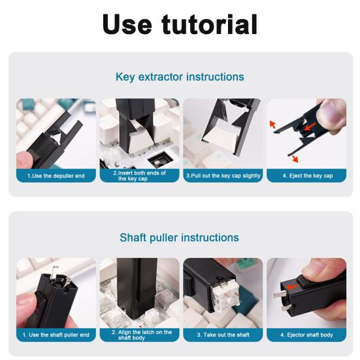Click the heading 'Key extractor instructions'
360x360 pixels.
point(180,77)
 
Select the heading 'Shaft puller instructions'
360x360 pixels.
point(180,238)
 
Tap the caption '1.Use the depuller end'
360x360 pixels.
point(56,176)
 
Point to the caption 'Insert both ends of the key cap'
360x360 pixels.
point(139,176)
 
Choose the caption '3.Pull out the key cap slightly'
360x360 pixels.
point(223,176)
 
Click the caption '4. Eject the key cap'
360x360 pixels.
point(307,176)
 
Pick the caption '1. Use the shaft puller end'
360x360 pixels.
point(56,335)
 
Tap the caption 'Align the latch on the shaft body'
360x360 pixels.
point(139,335)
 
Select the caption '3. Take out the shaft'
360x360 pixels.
point(223,335)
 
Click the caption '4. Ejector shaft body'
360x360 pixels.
point(307,335)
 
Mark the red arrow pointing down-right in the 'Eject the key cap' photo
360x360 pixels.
point(293,158)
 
